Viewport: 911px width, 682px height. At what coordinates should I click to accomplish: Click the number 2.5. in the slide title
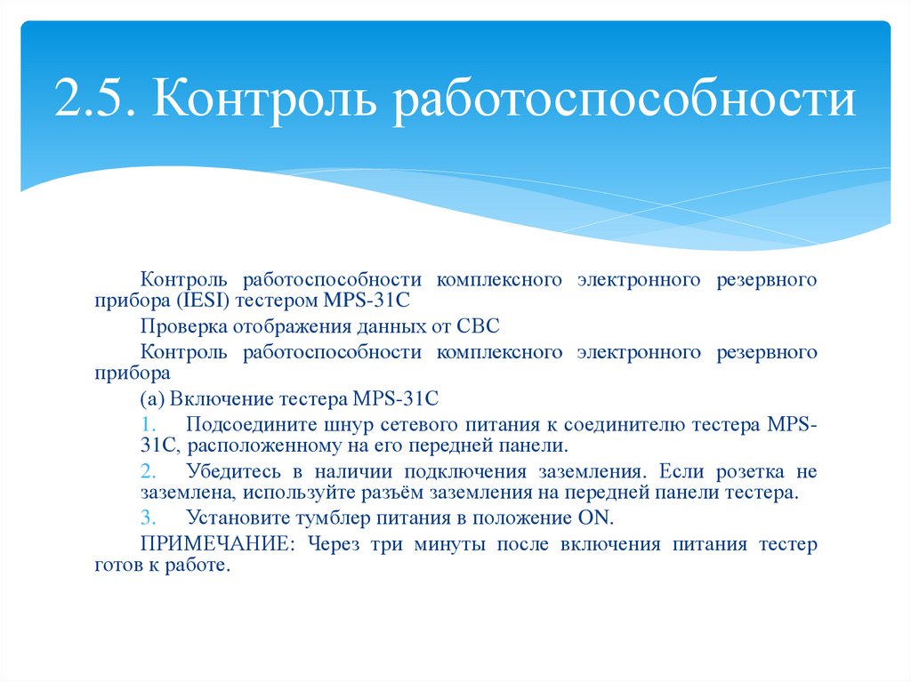coord(95,99)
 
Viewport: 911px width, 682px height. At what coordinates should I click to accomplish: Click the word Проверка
coord(178,326)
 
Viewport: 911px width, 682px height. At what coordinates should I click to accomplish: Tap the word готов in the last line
coord(120,566)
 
